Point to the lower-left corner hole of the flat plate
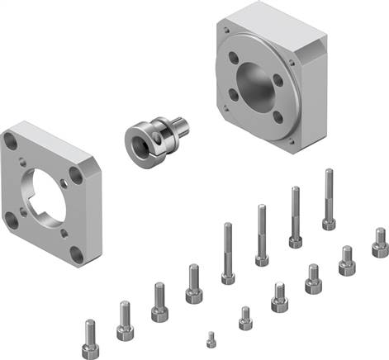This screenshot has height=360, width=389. [x=12, y=219]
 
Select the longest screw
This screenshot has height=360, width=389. [x=330, y=199]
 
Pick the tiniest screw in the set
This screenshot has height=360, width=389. [x=211, y=338]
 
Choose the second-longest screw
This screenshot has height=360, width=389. [x=295, y=216]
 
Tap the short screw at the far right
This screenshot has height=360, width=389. [x=380, y=243]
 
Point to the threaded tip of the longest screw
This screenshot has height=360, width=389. [x=329, y=173]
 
